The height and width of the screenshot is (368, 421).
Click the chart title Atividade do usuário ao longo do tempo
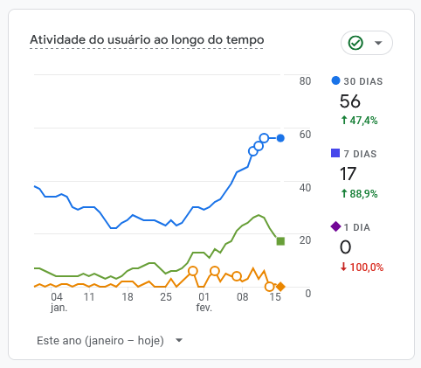pos(147,40)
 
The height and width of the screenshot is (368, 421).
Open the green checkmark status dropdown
pos(366,43)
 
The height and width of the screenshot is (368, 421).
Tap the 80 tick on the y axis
pos(306,81)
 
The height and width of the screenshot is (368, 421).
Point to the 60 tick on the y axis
pos(306,134)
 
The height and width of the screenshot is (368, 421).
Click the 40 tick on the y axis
pos(306,187)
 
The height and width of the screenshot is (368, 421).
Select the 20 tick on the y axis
pos(306,240)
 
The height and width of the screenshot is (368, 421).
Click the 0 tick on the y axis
pos(307,292)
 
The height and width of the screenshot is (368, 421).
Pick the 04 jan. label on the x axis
pos(59,302)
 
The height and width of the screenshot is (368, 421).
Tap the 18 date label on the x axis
pos(128,297)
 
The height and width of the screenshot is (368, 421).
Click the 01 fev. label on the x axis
pos(204,302)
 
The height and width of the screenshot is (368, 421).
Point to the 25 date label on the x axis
pos(166,297)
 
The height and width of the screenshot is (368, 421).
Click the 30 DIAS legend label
pos(362,81)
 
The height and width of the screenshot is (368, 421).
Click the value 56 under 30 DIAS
pos(350,101)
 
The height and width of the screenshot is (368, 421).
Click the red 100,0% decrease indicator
pos(362,267)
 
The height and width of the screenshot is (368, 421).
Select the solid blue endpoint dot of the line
pos(280,138)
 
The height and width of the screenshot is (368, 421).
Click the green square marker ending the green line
pos(280,240)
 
